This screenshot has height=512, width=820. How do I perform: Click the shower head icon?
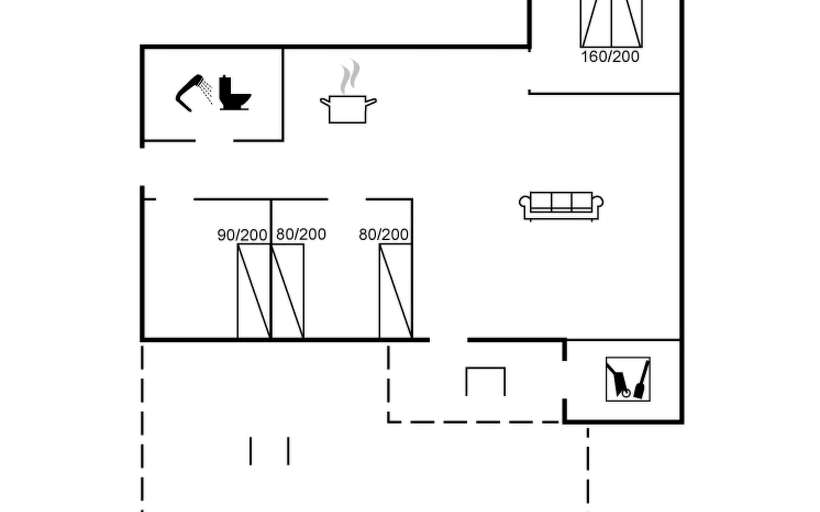pos(190,93)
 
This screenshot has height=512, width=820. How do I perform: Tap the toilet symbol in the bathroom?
pos(234,94)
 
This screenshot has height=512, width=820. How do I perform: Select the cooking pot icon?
pos(348,110)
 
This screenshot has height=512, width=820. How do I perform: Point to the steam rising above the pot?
pos(350,77)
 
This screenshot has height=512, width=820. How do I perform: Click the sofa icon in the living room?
pos(561,207)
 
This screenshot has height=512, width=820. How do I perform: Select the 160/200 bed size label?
pos(610,57)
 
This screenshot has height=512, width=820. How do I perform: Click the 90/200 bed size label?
pos(242,235)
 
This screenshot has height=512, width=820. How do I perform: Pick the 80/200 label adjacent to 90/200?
pos(301,234)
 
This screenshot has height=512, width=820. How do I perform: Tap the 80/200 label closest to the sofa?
pos(384,235)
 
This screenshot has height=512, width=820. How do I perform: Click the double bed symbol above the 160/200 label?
pos(611,23)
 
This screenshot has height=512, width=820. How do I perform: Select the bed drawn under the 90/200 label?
pos(254,291)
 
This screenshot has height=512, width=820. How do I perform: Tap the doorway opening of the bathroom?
pos(214,140)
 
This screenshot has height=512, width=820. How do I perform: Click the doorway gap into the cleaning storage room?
pos(565,380)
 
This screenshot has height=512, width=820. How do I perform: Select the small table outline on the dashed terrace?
pos(486,381)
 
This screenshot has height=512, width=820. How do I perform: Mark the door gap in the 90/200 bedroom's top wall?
pos(175,199)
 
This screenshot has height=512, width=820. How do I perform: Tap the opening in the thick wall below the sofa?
pos(448,340)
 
